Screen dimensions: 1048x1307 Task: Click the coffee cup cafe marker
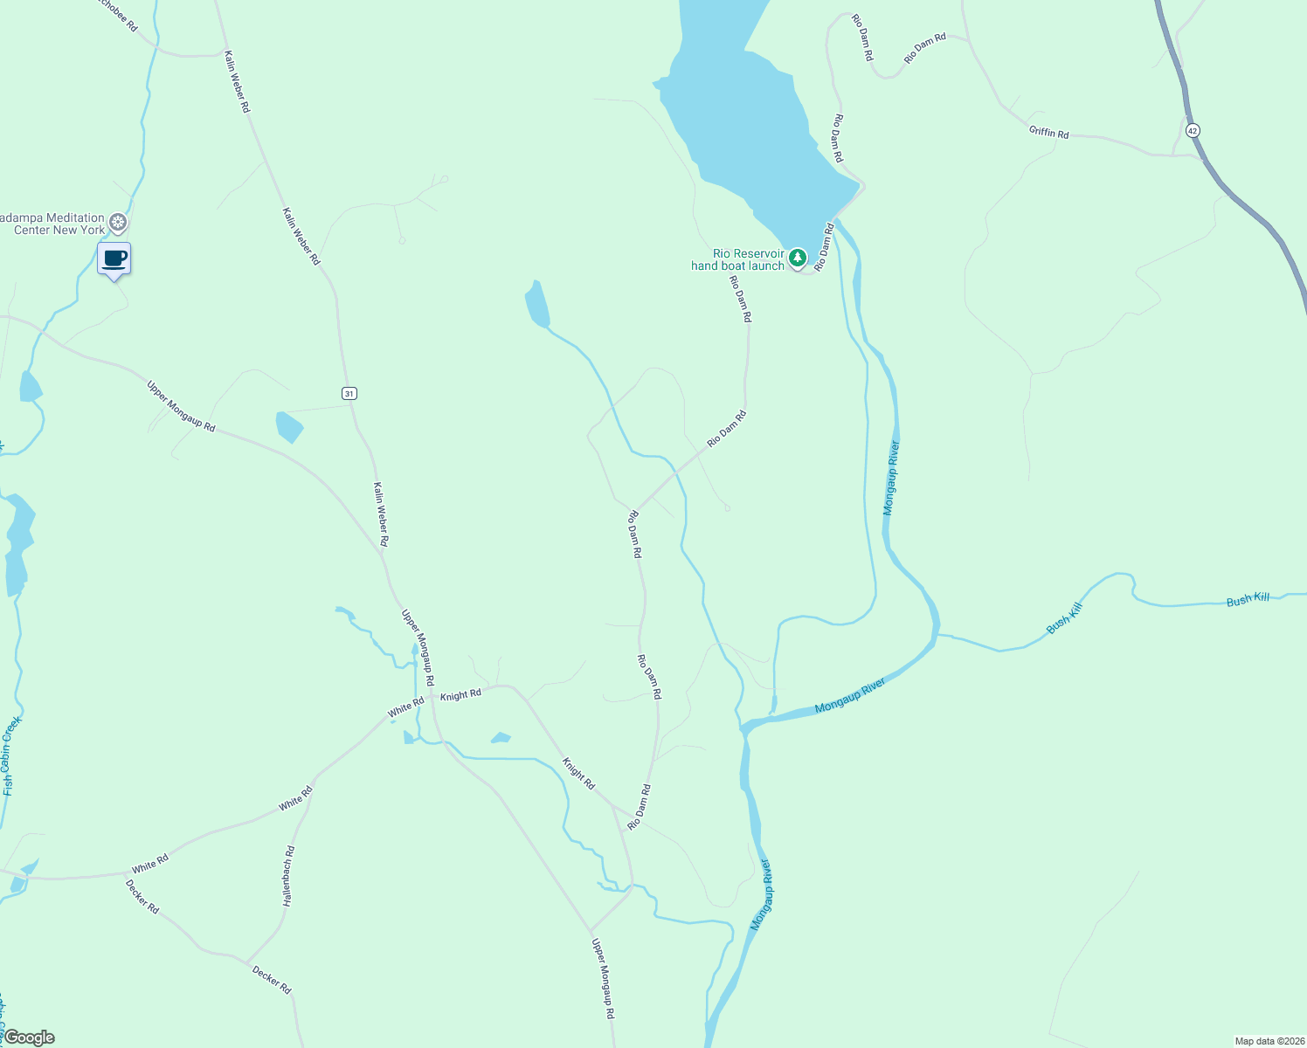[x=114, y=259]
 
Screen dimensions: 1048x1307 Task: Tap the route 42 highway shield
[x=1193, y=130]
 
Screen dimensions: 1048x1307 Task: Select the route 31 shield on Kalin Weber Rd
[x=349, y=394]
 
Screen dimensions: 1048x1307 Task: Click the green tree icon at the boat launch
[x=797, y=259]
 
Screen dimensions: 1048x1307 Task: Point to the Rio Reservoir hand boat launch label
[x=737, y=259]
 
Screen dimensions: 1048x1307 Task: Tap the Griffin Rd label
[x=1048, y=133]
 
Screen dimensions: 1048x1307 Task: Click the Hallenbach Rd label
[x=289, y=876]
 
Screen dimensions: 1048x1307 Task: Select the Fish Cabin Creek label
[x=10, y=756]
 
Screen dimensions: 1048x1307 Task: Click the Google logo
[x=29, y=1038]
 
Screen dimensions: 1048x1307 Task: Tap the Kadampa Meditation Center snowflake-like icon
[x=119, y=223]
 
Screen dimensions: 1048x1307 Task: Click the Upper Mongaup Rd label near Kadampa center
[x=181, y=406]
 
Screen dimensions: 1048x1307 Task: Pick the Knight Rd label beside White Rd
[x=460, y=695]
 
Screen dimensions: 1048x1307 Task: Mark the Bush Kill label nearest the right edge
[x=1248, y=599]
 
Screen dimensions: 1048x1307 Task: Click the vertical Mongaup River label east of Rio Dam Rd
[x=891, y=478]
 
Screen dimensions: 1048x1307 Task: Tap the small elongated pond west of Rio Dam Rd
[x=536, y=304]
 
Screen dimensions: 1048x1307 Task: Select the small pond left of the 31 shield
[x=289, y=426]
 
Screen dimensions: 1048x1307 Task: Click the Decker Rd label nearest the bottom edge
[x=272, y=979]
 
